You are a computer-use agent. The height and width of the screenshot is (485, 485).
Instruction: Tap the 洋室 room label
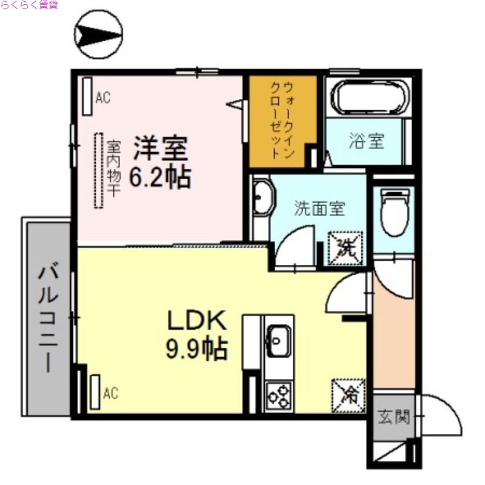pyautogui.click(x=161, y=148)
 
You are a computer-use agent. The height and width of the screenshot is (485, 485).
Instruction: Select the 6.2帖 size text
pyautogui.click(x=161, y=176)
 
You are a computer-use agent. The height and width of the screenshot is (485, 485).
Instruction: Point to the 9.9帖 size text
pyautogui.click(x=196, y=349)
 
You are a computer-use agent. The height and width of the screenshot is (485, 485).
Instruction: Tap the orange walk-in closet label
pyautogui.click(x=283, y=121)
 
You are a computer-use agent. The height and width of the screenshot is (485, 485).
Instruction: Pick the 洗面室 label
pyautogui.click(x=319, y=209)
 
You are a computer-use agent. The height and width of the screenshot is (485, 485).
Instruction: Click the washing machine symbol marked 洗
pyautogui.click(x=345, y=248)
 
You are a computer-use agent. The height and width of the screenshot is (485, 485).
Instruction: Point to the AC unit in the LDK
pyautogui.click(x=95, y=393)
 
